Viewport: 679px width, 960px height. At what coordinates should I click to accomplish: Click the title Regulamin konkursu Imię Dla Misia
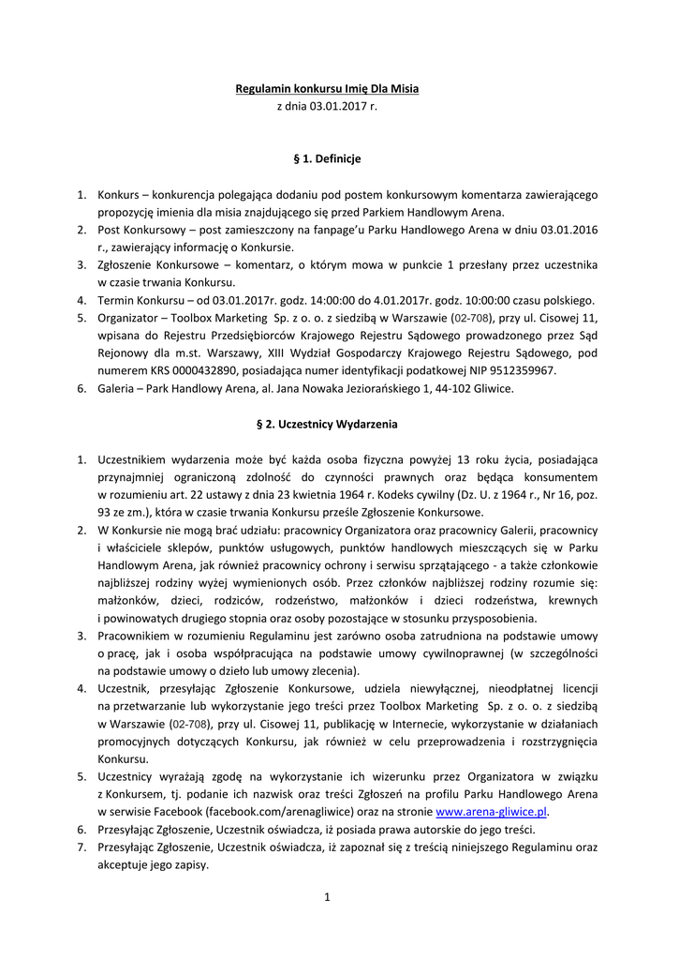[326, 89]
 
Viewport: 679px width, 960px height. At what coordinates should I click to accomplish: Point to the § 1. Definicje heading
[327, 158]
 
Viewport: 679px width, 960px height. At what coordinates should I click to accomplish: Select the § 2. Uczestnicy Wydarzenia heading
[327, 424]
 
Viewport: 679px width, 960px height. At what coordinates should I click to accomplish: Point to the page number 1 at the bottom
[327, 897]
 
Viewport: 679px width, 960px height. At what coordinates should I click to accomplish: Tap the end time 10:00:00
[468, 300]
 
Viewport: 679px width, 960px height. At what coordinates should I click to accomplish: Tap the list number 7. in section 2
[81, 847]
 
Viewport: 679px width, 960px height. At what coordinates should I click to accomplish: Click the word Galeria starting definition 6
[118, 388]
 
